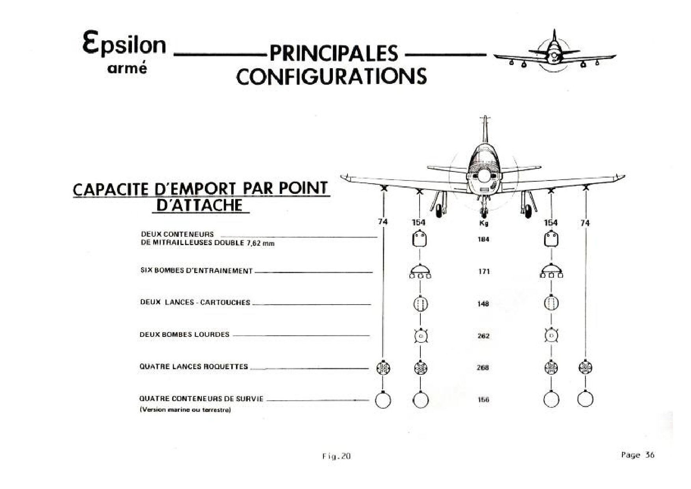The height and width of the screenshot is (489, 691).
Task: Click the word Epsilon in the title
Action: [124, 45]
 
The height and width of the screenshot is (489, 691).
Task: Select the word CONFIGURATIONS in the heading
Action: [332, 76]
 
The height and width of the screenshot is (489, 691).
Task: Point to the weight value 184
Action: [483, 239]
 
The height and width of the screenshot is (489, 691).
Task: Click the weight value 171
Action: [483, 271]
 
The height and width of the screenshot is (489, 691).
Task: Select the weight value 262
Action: [483, 336]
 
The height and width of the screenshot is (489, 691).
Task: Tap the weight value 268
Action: [483, 368]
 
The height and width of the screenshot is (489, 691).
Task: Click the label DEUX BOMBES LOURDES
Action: [184, 335]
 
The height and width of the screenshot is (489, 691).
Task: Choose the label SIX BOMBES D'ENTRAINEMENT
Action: [196, 271]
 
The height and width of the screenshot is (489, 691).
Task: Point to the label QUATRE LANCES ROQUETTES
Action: [194, 366]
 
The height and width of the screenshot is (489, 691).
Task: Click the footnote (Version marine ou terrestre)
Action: [185, 410]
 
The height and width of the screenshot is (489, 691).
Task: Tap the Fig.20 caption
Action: [336, 456]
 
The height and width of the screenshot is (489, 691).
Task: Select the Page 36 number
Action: [638, 455]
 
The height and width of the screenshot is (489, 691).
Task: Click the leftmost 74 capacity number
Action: [383, 222]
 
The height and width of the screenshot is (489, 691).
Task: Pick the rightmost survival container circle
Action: [585, 399]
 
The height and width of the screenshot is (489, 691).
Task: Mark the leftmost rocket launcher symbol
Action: [383, 368]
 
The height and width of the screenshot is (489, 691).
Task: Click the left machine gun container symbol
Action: [420, 239]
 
